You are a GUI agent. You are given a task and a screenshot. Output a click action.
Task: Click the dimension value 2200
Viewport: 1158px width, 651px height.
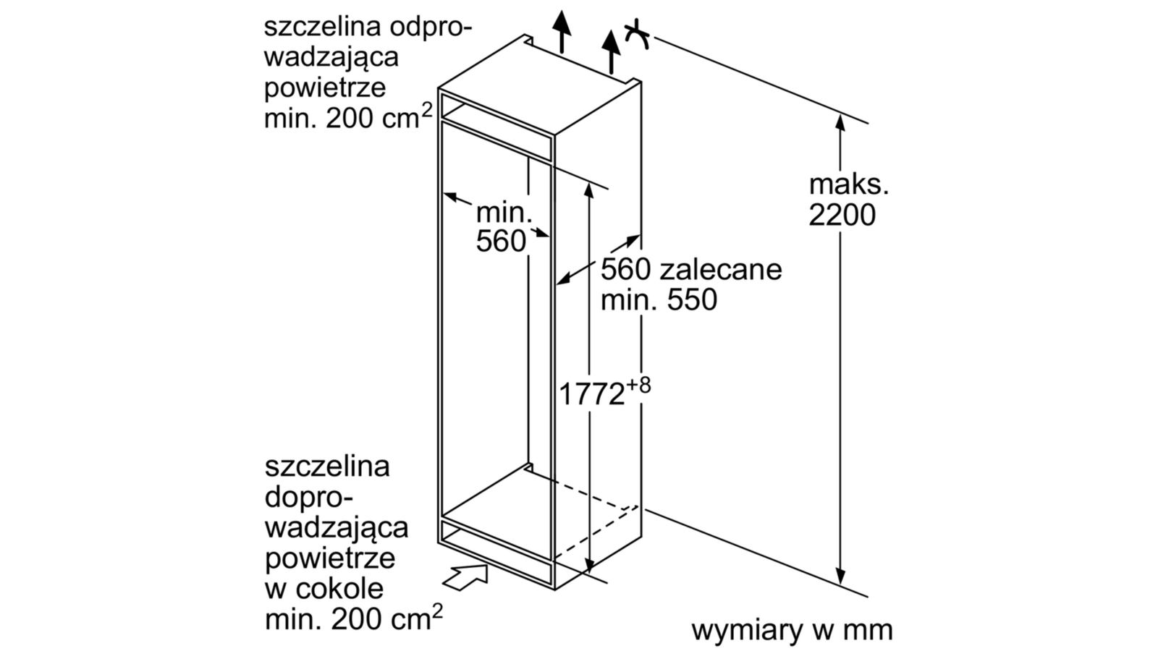(842, 215)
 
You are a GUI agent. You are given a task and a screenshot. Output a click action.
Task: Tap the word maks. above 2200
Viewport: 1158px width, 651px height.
(848, 185)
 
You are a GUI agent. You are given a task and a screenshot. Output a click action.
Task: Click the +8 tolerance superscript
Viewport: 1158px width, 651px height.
(638, 385)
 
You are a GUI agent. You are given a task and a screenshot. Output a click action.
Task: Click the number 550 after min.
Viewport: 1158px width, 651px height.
(692, 299)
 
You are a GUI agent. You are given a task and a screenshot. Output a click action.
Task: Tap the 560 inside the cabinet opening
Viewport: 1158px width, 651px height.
(501, 242)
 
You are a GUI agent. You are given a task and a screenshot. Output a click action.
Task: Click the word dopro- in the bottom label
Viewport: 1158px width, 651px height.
(308, 498)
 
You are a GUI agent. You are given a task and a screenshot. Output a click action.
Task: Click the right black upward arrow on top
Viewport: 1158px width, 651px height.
(611, 51)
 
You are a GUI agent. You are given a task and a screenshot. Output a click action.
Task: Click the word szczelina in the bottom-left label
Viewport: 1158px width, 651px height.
(327, 467)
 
